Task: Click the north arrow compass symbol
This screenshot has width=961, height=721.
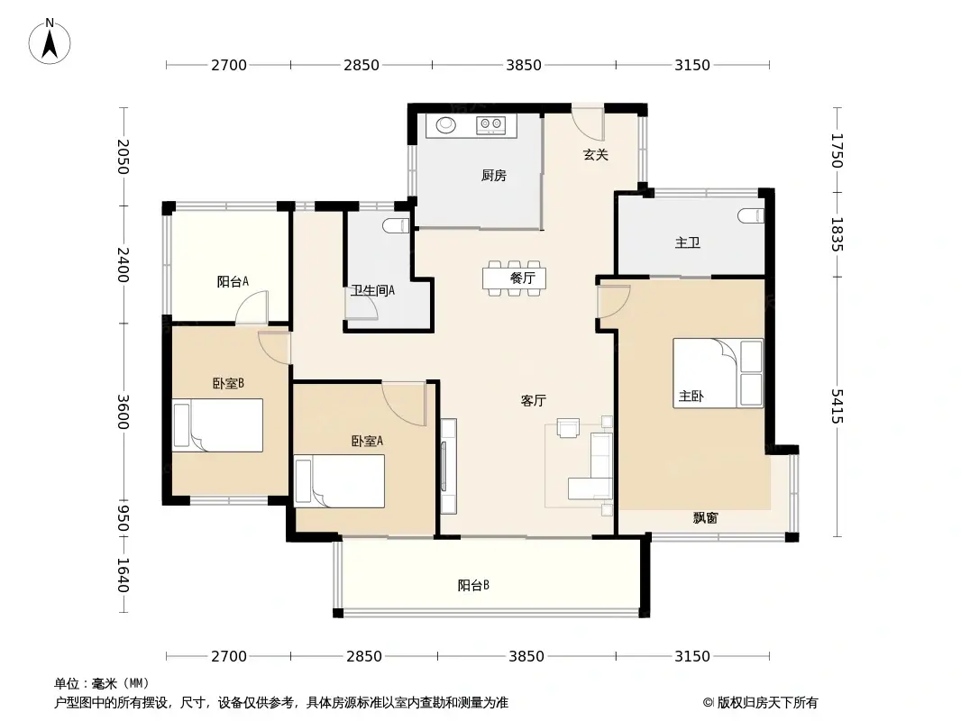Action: click(50, 41)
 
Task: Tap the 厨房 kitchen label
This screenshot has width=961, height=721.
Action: click(493, 176)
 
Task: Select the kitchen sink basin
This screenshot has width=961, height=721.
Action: click(446, 125)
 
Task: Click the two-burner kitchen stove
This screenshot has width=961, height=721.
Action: click(491, 124)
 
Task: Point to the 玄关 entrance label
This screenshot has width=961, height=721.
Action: click(595, 155)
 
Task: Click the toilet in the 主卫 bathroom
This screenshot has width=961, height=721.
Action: click(751, 215)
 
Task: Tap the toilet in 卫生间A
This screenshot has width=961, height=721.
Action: click(396, 226)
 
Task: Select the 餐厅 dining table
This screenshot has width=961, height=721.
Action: click(514, 278)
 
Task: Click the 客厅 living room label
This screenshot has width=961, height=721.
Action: click(533, 401)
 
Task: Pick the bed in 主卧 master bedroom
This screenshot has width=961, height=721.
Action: click(718, 373)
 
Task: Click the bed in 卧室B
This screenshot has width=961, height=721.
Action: click(217, 425)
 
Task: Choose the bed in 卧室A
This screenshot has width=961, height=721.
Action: click(340, 481)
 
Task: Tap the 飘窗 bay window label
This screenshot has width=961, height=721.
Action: click(705, 518)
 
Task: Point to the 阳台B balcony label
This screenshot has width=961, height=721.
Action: click(473, 586)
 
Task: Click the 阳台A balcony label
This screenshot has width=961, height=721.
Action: click(233, 282)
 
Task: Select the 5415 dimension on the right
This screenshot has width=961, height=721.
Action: click(837, 406)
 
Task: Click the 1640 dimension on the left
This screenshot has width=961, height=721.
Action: click(124, 575)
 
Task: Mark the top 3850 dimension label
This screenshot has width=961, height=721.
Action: click(524, 65)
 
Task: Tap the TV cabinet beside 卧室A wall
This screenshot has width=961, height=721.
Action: click(449, 466)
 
